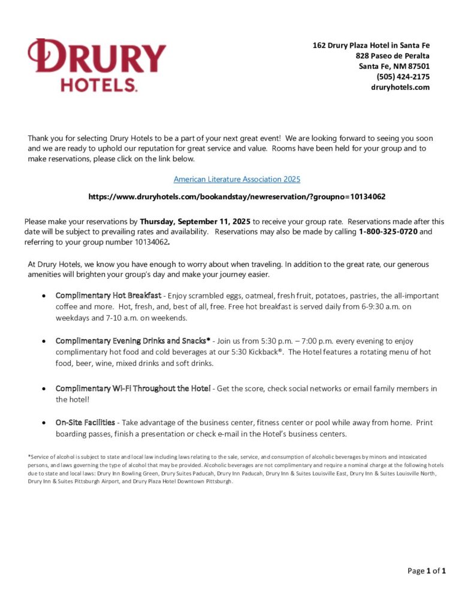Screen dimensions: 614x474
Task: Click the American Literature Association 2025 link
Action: [x=237, y=179]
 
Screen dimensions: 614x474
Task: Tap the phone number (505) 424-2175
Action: [x=403, y=77]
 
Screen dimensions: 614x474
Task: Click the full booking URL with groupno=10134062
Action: [x=237, y=197]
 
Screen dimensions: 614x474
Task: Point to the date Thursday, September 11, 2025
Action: [x=195, y=221]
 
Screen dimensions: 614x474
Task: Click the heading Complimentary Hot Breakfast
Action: [x=108, y=296]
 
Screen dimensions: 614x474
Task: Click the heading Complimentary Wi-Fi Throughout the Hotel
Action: [x=132, y=389]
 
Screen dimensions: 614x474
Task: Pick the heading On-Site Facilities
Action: [x=85, y=423]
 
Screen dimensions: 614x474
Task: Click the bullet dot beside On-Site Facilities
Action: [x=44, y=423]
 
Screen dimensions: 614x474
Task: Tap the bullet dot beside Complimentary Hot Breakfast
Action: [x=44, y=296]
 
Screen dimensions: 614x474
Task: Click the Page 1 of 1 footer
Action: [x=427, y=571]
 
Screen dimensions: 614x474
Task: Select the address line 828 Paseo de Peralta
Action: [x=392, y=56]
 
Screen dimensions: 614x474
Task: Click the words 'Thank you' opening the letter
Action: [x=43, y=138]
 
